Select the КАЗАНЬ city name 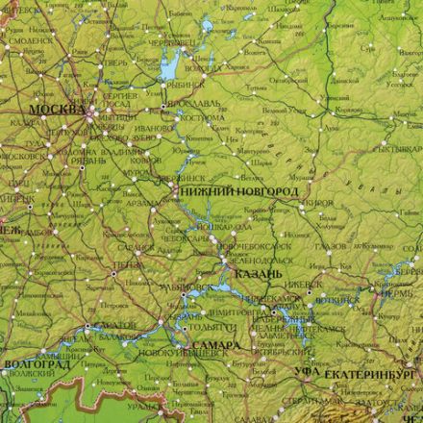point(258,274)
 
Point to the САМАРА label point(211,344)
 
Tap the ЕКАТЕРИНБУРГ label point(374,371)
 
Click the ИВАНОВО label point(153,127)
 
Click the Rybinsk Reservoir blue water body point(169,67)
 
